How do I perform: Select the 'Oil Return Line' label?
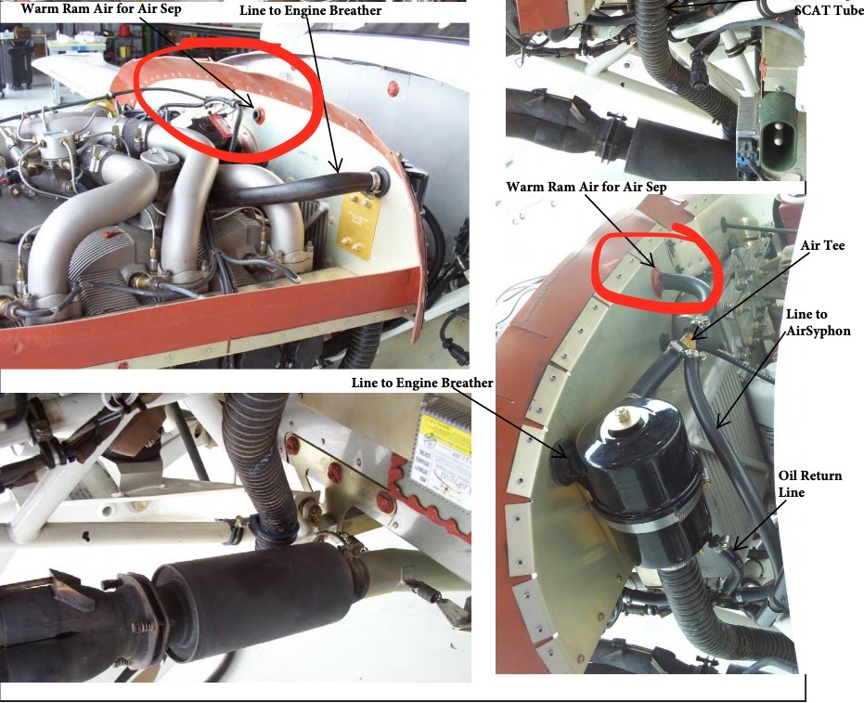[809, 483]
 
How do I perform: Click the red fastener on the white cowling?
[391, 89]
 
